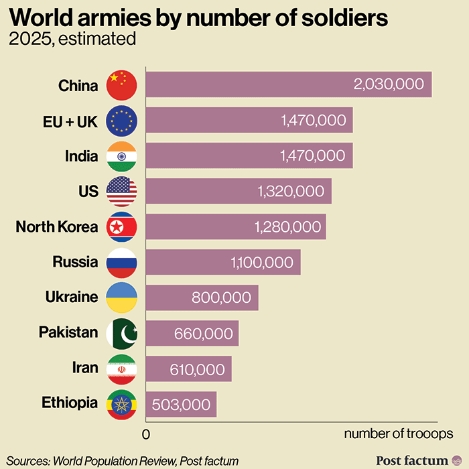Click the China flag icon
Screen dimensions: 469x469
(122, 85)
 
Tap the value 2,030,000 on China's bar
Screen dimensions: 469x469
(389, 84)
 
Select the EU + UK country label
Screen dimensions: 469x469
(69, 121)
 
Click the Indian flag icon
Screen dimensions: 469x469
(122, 156)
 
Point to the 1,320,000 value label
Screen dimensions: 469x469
(291, 192)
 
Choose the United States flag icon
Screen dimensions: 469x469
(122, 192)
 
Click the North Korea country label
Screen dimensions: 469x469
(57, 226)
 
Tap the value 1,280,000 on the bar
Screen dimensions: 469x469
(288, 227)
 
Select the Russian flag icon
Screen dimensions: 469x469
(122, 262)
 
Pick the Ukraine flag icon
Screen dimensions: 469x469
(122, 297)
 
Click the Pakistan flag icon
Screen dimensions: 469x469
(122, 333)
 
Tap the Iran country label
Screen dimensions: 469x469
(85, 368)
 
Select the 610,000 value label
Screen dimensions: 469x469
(195, 368)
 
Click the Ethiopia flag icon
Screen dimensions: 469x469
(122, 404)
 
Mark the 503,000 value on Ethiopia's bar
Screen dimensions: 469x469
(181, 405)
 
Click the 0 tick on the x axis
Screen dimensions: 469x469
(145, 434)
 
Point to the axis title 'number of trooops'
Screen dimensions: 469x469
(398, 434)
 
